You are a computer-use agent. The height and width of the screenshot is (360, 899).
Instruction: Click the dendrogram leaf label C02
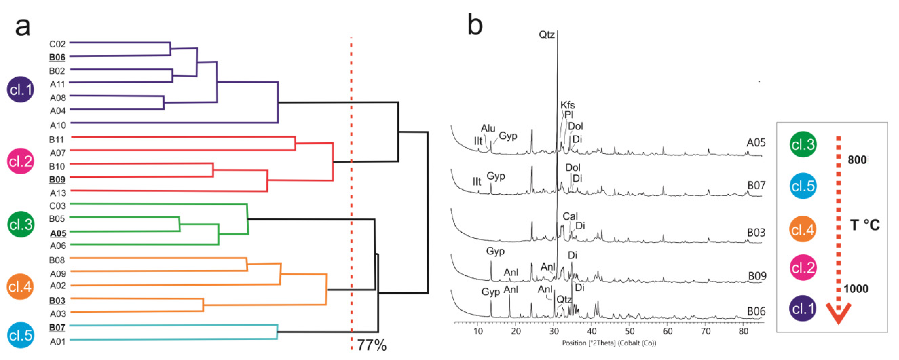tap(57, 44)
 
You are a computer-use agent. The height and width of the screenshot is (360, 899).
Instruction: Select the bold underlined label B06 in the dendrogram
tap(57, 57)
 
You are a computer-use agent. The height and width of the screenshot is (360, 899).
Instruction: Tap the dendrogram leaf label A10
tap(58, 125)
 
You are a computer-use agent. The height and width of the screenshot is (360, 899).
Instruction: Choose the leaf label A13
tap(58, 193)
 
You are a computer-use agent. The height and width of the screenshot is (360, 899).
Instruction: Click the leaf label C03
tap(57, 206)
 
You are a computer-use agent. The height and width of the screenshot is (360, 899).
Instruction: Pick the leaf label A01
tap(58, 341)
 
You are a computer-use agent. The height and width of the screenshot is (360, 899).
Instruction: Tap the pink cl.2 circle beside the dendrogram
tap(20, 161)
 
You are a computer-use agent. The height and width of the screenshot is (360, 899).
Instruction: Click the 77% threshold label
tap(372, 345)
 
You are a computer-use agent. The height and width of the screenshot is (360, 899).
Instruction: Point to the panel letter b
tap(475, 24)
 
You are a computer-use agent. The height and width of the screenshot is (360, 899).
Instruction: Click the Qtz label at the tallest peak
tap(546, 35)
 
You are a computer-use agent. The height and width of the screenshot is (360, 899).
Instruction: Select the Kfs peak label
tap(567, 105)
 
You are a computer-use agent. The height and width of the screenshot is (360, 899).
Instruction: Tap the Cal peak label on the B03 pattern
tap(570, 216)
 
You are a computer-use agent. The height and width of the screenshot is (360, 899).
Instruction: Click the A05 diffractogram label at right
tap(756, 142)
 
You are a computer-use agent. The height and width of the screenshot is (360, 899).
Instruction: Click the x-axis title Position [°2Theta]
tap(609, 343)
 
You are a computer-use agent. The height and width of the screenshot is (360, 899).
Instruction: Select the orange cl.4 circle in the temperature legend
tap(803, 229)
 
